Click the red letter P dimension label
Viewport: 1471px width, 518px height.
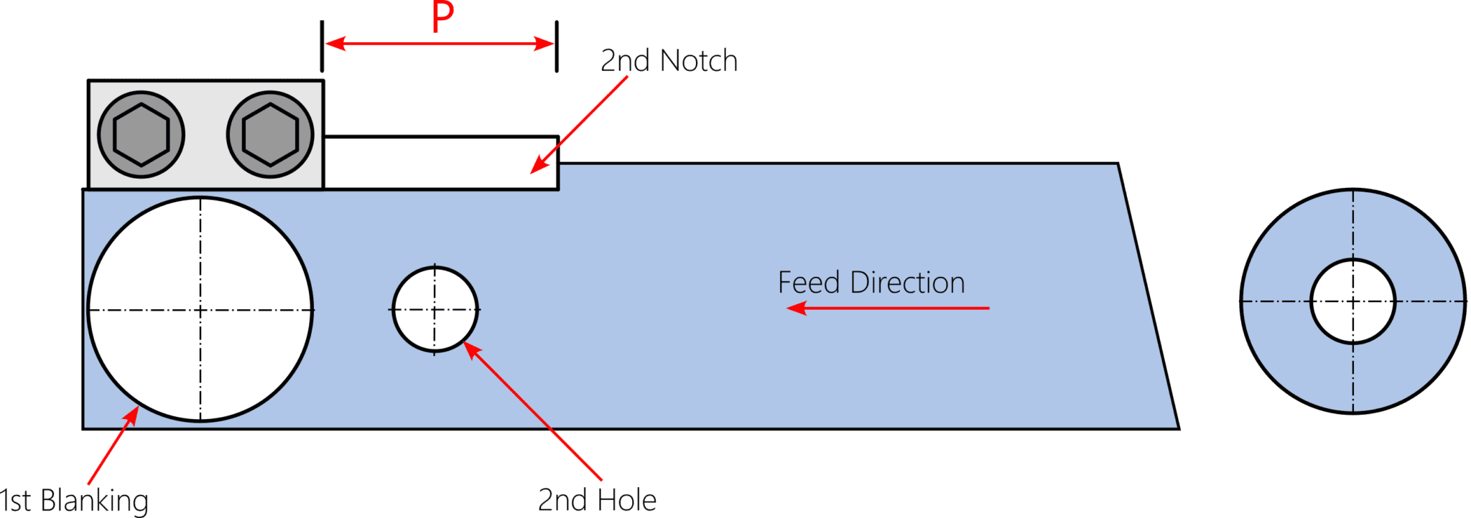443,17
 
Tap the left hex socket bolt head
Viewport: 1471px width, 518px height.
141,134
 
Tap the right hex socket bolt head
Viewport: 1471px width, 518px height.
270,134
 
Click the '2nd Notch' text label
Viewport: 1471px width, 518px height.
669,61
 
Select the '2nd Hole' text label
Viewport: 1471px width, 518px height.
597,500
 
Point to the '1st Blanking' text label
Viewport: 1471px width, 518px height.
74,500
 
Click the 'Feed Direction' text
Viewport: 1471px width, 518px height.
871,283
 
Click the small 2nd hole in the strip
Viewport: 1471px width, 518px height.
435,309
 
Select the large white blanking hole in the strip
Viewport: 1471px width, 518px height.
200,309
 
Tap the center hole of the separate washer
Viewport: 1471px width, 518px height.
1353,301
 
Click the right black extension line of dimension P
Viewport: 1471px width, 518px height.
557,47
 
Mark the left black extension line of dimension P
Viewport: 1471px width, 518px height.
322,47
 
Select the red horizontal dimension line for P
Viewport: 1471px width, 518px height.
440,44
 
